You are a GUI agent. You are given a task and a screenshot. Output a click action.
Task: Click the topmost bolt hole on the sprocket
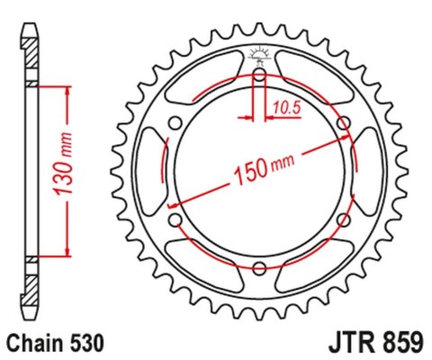(x=259, y=76)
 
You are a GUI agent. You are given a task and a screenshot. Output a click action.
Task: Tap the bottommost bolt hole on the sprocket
(x=259, y=266)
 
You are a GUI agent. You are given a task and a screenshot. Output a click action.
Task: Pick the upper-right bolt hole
(x=342, y=123)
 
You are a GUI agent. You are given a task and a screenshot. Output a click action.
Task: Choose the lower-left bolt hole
(x=176, y=219)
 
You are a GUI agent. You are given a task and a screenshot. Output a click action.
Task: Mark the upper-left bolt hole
(x=176, y=123)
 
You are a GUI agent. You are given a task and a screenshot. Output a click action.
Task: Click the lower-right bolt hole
(x=342, y=219)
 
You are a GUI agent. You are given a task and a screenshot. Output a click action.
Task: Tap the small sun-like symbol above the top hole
(x=259, y=54)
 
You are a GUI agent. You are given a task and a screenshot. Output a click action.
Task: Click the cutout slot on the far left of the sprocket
(x=149, y=171)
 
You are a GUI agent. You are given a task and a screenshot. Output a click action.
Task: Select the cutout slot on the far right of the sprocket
(x=369, y=171)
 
